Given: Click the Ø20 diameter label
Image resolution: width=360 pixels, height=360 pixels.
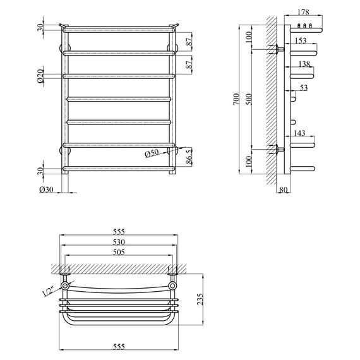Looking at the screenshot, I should tap(40, 76).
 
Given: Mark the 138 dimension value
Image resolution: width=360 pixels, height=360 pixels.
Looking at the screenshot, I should tap(304, 64).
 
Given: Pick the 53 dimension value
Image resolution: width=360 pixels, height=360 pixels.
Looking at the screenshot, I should tap(304, 88).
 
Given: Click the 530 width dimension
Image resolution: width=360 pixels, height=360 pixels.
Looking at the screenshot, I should tap(117, 242).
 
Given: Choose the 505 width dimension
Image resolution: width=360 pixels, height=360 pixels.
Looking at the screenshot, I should tap(117, 253).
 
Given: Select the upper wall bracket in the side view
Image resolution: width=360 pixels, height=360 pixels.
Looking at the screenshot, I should tap(277, 49).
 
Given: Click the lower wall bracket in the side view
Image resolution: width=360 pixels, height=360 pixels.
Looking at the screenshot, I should tap(277, 150).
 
